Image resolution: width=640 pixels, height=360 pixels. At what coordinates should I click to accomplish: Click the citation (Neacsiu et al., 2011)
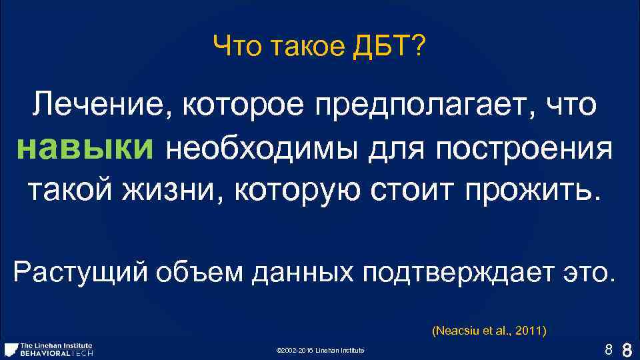click(489, 330)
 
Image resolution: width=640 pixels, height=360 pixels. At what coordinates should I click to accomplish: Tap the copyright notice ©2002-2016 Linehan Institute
click(320, 351)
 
